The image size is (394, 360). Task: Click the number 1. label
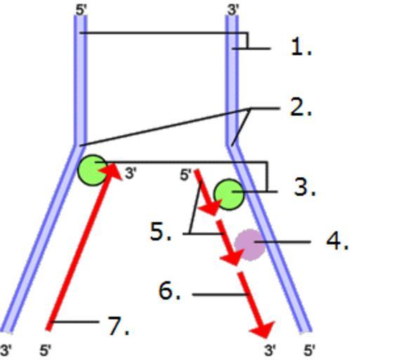tap(301, 47)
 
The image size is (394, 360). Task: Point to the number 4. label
tap(337, 241)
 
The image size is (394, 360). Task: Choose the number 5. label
tap(161, 232)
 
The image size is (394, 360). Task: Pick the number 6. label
tap(170, 291)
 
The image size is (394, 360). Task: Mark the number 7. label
tap(119, 326)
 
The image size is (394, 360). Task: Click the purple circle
tap(250, 245)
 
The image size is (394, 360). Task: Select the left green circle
tap(93, 170)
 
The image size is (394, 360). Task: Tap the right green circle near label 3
tap(229, 195)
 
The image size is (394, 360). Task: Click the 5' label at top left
tap(81, 10)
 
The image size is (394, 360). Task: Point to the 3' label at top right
tap(233, 10)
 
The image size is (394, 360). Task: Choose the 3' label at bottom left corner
tap(6, 350)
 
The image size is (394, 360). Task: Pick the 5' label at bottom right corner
tap(309, 350)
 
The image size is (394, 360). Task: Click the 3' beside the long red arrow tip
tap(131, 174)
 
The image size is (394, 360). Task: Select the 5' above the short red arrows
tap(185, 175)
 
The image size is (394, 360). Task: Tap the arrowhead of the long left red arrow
tap(112, 171)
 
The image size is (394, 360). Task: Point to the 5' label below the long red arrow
tap(46, 350)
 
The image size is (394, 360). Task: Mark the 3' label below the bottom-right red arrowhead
tap(270, 350)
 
